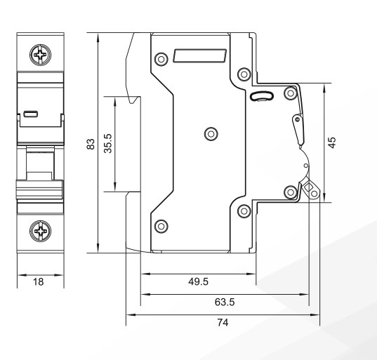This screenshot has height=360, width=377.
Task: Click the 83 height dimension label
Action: coord(91,144)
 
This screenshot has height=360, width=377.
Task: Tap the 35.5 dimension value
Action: coord(108,143)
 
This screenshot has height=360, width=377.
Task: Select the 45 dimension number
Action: coord(332,142)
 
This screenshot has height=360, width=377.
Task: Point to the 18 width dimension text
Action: coord(39,282)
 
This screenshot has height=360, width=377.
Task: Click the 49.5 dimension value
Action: coord(199,281)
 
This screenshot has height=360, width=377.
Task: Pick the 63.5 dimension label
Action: coord(225,302)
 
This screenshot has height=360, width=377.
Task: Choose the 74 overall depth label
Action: coord(223,323)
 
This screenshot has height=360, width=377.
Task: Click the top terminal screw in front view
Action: coord(40,55)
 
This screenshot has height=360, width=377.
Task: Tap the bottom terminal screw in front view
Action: coord(40,231)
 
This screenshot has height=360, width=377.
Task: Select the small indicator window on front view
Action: coord(31,114)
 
